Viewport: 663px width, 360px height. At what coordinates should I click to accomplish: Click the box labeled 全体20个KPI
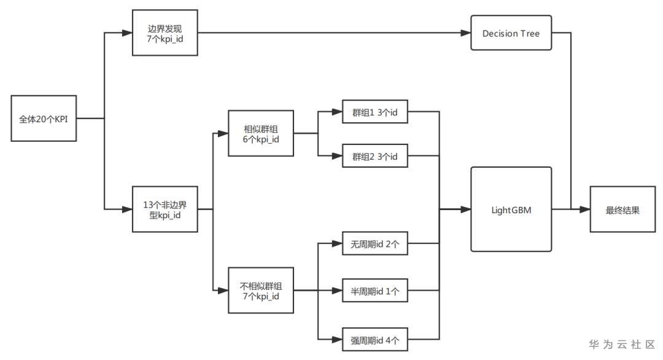point(44,118)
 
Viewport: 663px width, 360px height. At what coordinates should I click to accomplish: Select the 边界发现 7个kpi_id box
point(165,33)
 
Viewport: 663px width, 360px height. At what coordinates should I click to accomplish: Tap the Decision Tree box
point(511,33)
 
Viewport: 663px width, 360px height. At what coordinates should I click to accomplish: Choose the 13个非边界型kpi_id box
point(165,209)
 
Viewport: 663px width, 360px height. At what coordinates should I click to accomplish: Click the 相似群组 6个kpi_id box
point(261,133)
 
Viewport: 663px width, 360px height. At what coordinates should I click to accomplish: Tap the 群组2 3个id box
point(374,156)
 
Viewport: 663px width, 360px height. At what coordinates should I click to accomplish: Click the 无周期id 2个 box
point(374,244)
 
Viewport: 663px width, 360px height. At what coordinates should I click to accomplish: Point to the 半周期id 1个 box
point(374,291)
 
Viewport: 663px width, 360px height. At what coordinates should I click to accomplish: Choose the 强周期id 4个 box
point(374,338)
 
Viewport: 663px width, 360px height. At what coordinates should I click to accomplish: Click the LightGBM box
point(511,209)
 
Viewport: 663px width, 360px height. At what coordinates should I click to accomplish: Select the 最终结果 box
point(622,209)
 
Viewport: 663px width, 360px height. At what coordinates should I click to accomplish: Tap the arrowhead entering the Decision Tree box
point(467,33)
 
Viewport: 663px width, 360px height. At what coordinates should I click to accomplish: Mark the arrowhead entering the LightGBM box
point(467,209)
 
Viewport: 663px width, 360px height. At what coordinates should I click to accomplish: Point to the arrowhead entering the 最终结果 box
point(586,209)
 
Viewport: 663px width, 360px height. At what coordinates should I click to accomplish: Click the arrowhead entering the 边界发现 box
point(128,33)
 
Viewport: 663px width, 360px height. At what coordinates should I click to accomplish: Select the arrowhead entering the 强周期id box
point(338,338)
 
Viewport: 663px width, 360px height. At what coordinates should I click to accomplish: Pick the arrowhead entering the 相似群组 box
point(223,133)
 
